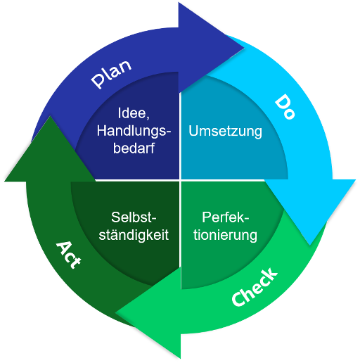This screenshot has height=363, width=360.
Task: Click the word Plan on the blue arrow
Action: [x=111, y=74]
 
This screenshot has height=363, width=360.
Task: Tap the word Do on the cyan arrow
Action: [x=285, y=106]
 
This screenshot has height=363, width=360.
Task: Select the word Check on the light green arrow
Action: [x=255, y=287]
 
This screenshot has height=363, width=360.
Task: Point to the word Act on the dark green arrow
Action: [x=69, y=255]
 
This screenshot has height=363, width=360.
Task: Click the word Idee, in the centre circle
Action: [x=134, y=113]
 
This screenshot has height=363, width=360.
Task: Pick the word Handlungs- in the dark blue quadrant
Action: [x=134, y=131]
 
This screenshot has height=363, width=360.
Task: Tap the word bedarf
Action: [x=134, y=148]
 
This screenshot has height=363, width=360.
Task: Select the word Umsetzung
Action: [x=225, y=131]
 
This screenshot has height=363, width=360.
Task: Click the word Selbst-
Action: [x=134, y=217]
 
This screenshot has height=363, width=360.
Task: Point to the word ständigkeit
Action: [x=134, y=235]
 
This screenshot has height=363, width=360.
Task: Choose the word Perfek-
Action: [x=225, y=217]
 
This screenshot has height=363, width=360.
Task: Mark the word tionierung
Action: [x=225, y=235]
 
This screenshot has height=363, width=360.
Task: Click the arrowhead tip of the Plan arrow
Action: [x=244, y=48]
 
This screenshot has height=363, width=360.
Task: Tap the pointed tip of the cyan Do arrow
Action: [x=310, y=245]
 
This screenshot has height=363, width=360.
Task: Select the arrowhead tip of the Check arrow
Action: [x=115, y=312]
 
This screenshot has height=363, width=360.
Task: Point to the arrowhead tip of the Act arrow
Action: [x=50, y=116]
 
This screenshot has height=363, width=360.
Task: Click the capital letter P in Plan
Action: [x=98, y=81]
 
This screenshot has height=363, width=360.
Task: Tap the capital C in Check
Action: [x=238, y=299]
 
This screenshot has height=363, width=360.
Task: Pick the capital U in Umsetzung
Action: [x=193, y=131]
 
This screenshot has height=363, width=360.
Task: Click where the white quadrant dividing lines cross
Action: [x=180, y=180]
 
